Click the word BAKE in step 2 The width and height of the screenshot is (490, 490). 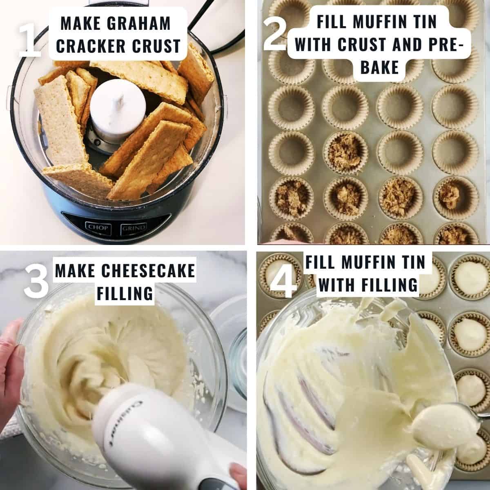coord(379,67)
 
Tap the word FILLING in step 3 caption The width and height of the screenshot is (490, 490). coord(125,293)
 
